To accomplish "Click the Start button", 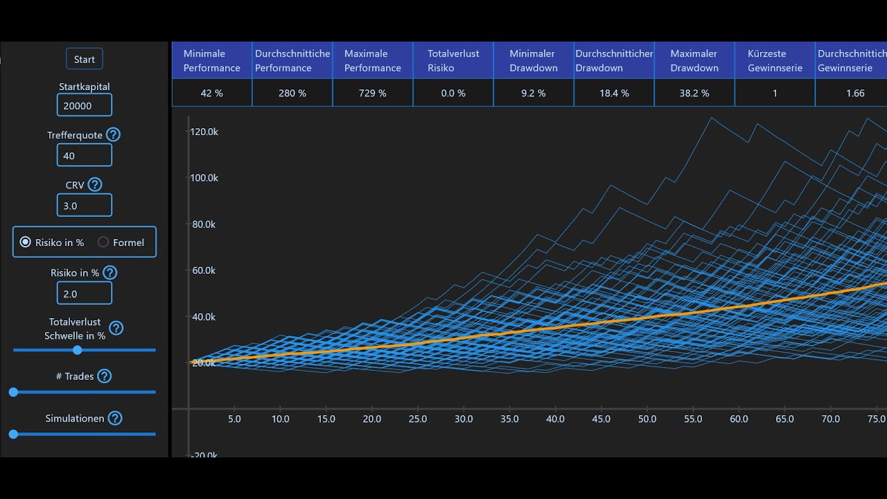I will coord(85,60).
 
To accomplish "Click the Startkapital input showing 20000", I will coord(84,105).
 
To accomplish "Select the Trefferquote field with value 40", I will coord(84,155).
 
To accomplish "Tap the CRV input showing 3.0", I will coord(84,205).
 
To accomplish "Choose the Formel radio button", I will coord(103,242).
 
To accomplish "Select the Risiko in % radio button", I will coord(26,242).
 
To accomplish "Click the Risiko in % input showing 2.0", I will coord(84,294).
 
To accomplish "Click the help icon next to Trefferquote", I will coord(113,134).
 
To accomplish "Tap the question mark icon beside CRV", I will coord(95,184).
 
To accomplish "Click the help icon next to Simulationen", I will coord(115,418).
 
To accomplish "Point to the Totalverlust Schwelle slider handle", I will coord(78,350).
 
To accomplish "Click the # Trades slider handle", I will coord(13,392).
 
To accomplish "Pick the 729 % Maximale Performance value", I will coord(372,93).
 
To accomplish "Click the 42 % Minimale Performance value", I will coord(211,93).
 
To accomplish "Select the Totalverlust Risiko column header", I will coord(453,60).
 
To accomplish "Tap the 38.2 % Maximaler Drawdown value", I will coord(694,93).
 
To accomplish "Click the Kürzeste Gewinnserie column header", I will coord(774,60).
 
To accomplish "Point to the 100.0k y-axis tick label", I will coord(204,177).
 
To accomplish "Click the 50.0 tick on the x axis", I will coord(647,419).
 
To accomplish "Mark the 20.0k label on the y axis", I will coord(204,362).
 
